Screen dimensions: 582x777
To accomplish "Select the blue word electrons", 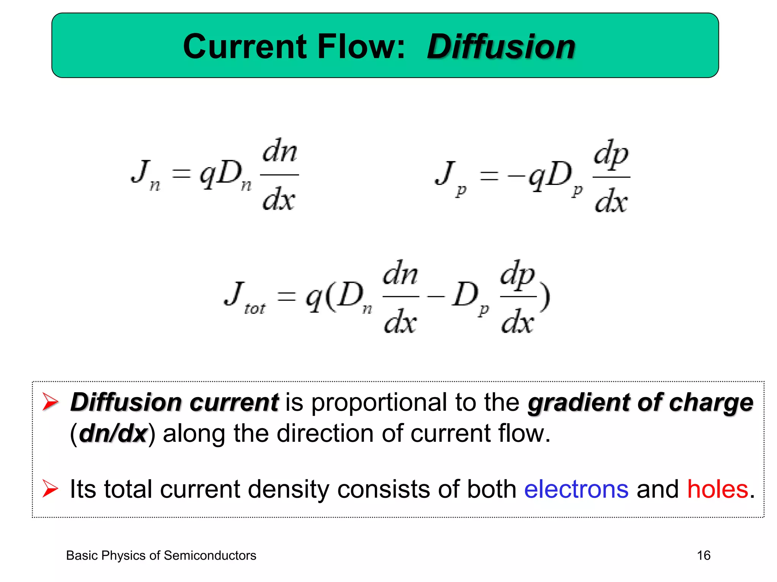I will [x=576, y=489].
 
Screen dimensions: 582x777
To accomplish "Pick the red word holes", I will [x=717, y=489].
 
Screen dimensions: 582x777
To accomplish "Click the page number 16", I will [x=703, y=555].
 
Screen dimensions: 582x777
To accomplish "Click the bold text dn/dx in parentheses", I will [x=113, y=433].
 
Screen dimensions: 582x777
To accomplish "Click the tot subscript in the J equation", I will [x=255, y=308].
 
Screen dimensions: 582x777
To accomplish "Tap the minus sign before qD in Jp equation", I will [x=516, y=176].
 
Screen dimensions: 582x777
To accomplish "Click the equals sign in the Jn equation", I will [x=181, y=174].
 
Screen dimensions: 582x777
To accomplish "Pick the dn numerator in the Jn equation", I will [x=280, y=152].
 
